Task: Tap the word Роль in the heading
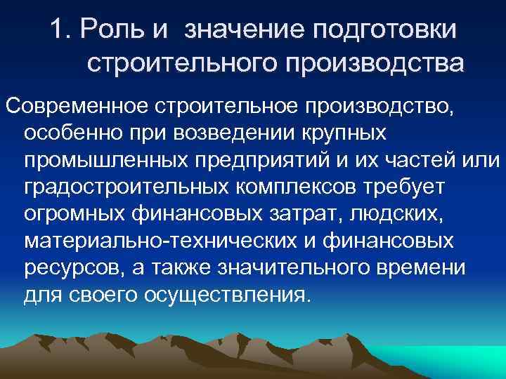pos(105,30)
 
